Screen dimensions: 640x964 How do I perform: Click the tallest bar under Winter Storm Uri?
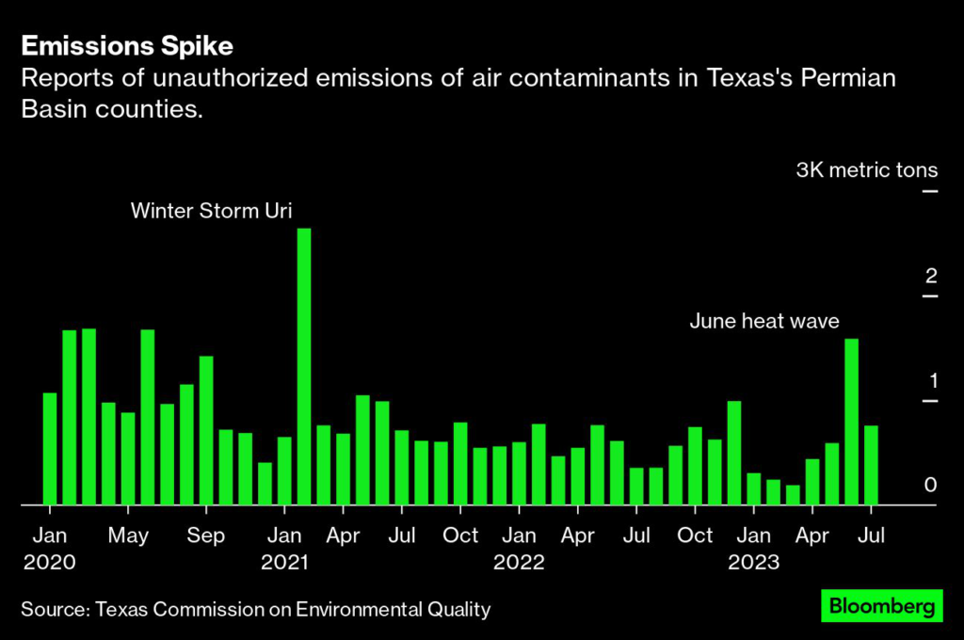[304, 367]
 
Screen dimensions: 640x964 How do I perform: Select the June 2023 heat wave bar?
[851, 422]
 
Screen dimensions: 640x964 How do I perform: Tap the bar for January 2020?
[50, 449]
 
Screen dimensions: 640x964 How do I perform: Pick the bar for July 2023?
[871, 465]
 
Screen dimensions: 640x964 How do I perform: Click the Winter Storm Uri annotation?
[211, 210]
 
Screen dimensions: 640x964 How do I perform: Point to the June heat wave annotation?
[763, 322]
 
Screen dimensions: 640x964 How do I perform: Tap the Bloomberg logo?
[881, 606]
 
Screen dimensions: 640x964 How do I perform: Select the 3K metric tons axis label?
[866, 170]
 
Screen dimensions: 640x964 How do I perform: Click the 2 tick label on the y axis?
[931, 277]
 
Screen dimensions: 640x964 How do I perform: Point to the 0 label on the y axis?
[931, 486]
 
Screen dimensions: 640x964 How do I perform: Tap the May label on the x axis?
[128, 536]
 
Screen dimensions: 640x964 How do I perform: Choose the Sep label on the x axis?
[206, 536]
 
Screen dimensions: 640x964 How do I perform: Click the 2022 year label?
[519, 563]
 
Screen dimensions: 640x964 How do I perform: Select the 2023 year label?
[753, 563]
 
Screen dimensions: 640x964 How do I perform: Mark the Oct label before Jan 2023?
[695, 536]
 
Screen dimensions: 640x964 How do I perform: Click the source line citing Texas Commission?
[255, 610]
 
